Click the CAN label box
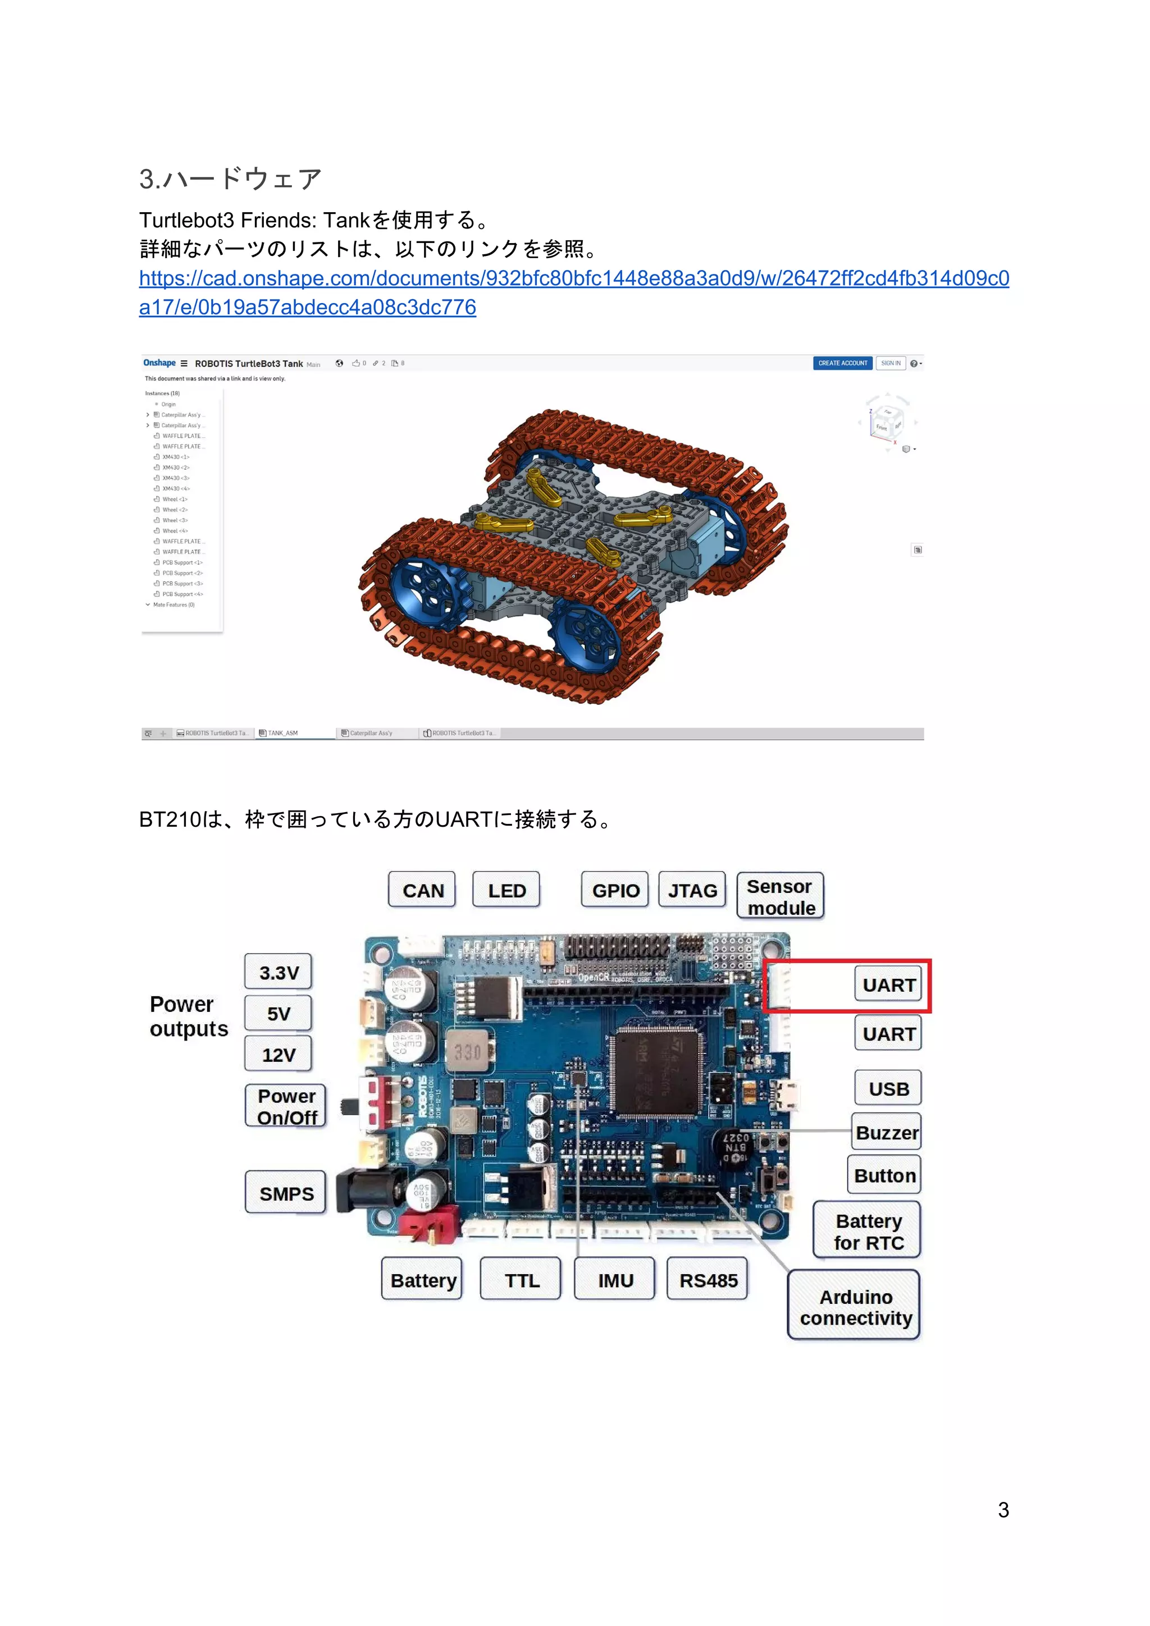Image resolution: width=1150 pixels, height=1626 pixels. point(422,890)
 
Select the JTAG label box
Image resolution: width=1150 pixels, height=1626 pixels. point(692,890)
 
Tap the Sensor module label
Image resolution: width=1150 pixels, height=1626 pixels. point(780,896)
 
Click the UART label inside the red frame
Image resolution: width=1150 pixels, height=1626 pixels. point(888,984)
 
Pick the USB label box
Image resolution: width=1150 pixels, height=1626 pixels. point(888,1088)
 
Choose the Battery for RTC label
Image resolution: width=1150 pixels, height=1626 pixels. point(868,1231)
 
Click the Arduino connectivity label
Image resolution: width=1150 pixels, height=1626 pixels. point(855,1307)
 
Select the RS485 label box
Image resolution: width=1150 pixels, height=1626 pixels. point(708,1280)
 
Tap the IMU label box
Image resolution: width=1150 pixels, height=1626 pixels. point(615,1280)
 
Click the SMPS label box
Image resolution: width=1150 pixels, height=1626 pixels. point(286,1193)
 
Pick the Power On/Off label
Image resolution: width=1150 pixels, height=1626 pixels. point(286,1106)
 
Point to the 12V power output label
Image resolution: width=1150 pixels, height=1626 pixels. point(279,1055)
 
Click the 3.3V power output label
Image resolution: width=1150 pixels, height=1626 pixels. point(279,972)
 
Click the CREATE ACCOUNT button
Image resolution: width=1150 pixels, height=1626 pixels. point(842,363)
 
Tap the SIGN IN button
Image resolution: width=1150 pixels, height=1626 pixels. point(891,363)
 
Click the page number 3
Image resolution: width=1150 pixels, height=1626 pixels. point(1003,1509)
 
